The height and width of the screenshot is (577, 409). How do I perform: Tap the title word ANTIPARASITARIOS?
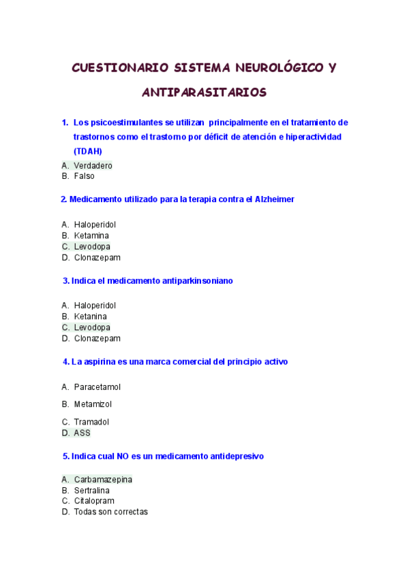pos(204,91)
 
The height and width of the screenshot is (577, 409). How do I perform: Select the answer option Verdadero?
pos(93,165)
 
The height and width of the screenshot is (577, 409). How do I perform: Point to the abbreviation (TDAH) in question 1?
pos(87,151)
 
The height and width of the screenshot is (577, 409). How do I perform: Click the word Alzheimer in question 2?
pos(274,199)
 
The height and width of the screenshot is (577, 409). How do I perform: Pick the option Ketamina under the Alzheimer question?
pos(91,235)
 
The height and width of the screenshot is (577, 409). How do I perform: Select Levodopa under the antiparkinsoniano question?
pos(92,327)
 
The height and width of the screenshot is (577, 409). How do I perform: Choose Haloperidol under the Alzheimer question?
pos(95,225)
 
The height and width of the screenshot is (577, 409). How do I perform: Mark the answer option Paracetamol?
pos(97,387)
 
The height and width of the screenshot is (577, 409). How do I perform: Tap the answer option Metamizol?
pos(93,404)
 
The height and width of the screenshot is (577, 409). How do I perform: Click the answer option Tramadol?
pos(91,422)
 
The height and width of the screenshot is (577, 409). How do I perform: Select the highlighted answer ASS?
pos(82,433)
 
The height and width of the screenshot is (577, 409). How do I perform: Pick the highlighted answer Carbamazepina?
pos(103,480)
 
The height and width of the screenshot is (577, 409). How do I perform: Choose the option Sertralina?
pos(92,491)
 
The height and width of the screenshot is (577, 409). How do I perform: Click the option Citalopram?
pos(94,501)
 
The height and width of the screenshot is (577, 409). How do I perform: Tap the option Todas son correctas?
pos(110,512)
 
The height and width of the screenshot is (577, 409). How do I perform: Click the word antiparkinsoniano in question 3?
pos(198,280)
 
